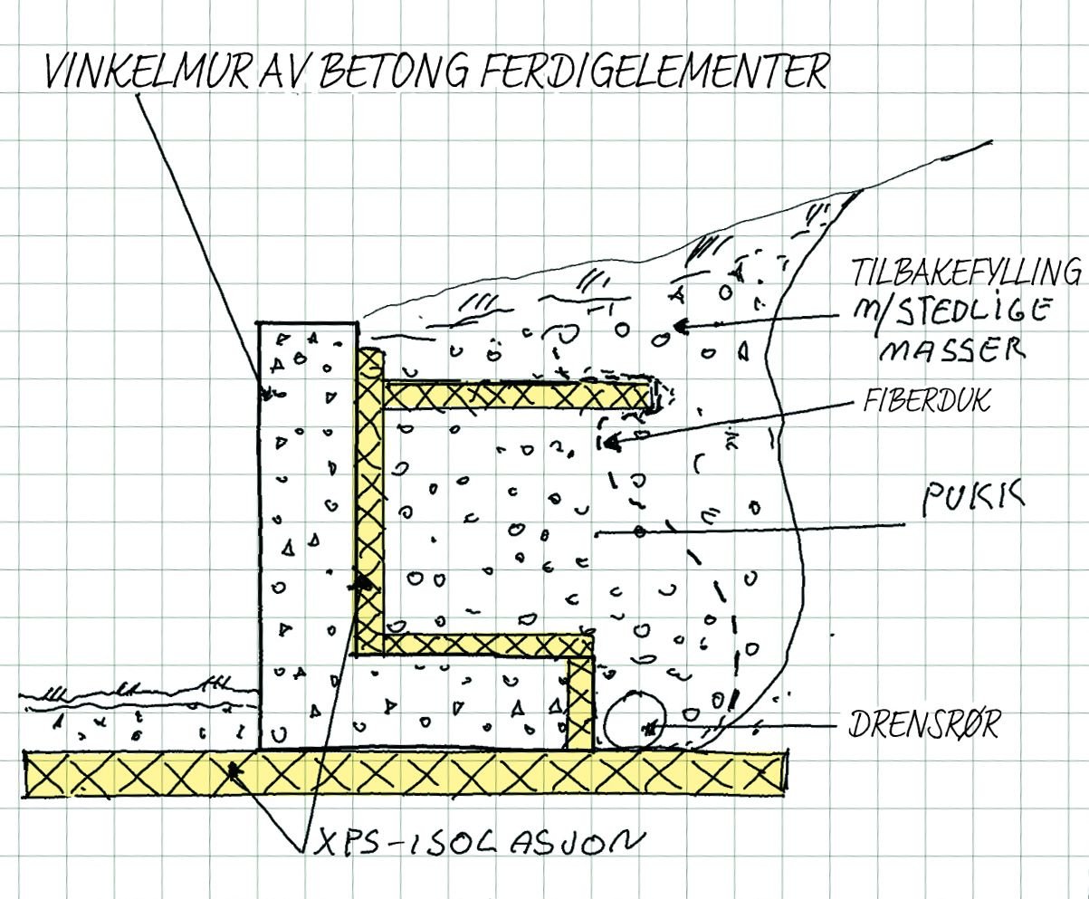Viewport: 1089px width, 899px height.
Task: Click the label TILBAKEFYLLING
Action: click(x=966, y=272)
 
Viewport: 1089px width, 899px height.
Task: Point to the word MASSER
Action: click(x=950, y=348)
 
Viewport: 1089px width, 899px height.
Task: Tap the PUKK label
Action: click(x=972, y=499)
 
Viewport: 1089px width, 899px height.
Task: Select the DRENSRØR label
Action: click(x=923, y=725)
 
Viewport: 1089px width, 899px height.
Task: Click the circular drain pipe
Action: click(x=635, y=721)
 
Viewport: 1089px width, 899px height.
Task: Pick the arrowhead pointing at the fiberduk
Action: click(x=608, y=443)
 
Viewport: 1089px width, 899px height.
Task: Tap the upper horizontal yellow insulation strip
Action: click(x=516, y=394)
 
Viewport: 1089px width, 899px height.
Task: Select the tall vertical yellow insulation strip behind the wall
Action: click(x=368, y=498)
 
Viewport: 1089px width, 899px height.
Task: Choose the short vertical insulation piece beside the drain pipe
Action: click(x=579, y=703)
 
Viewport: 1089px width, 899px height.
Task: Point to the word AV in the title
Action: click(x=286, y=72)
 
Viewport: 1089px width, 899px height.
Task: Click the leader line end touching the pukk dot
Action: click(x=639, y=532)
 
